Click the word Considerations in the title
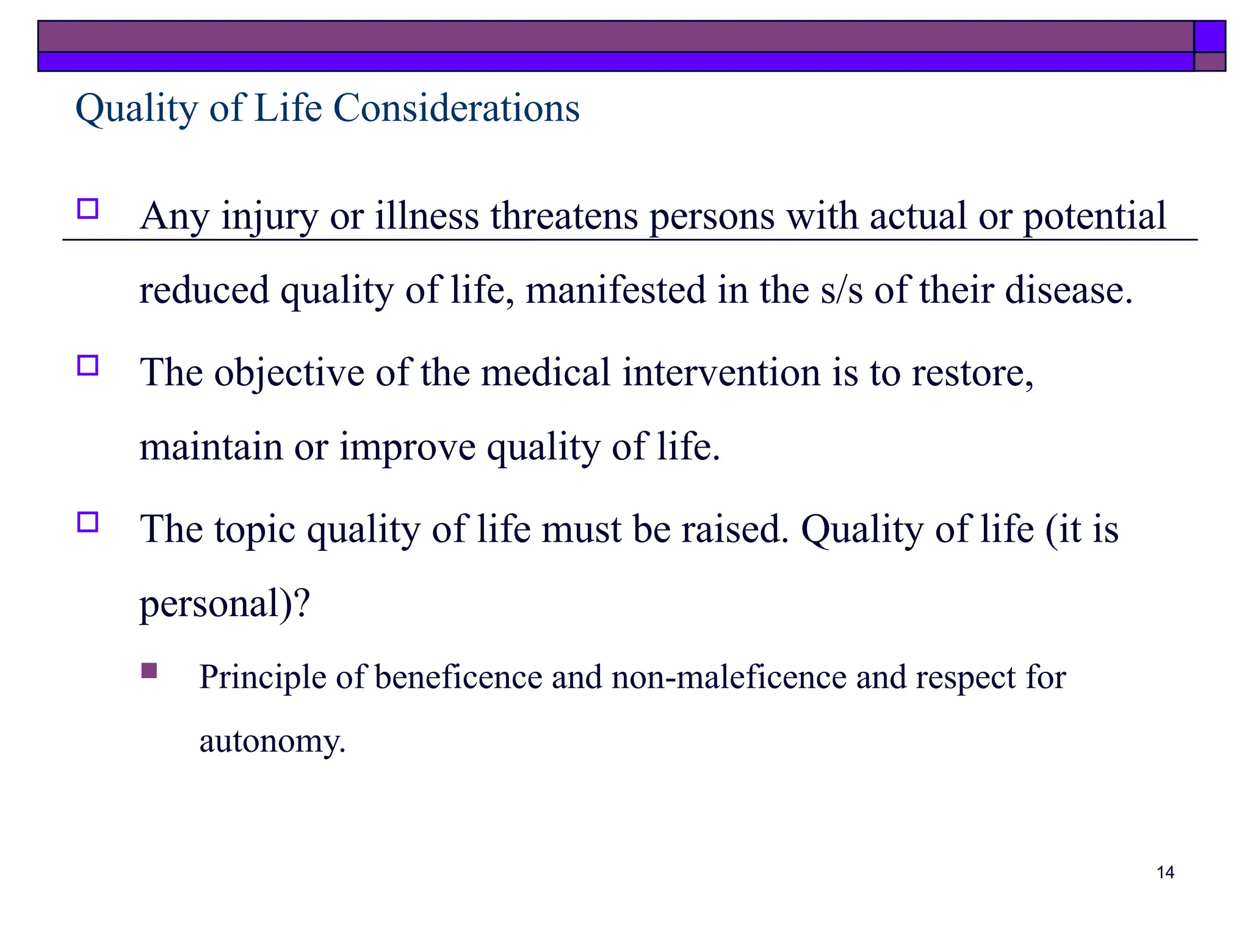coord(456,108)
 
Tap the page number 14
coord(1165,872)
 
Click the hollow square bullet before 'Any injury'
coord(88,209)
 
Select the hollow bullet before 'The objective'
coord(88,365)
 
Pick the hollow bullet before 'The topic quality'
coord(88,522)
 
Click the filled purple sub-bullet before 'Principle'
coord(149,671)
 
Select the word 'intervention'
coord(721,373)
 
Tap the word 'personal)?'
coord(225,604)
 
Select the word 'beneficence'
coord(458,677)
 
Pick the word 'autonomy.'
coord(272,741)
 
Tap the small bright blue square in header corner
coord(1209,37)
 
